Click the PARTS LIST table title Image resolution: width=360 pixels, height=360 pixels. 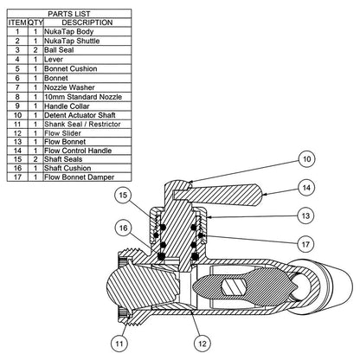point(69,14)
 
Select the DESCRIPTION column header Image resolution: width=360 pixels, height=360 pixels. point(87,22)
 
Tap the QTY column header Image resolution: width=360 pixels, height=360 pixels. point(35,22)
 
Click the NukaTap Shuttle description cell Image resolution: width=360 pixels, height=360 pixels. point(72,41)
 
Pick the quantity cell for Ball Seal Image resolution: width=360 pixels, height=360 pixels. point(35,50)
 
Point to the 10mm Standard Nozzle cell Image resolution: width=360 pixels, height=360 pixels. point(83,97)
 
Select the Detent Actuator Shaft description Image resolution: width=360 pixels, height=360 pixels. point(80,115)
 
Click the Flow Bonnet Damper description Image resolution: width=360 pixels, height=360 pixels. point(79,177)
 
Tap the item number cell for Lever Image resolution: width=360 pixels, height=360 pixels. point(17,60)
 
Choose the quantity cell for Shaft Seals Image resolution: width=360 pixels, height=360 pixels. point(35,159)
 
